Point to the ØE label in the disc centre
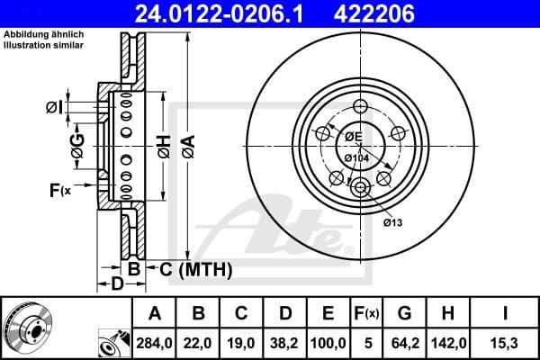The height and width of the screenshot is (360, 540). point(353,136)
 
